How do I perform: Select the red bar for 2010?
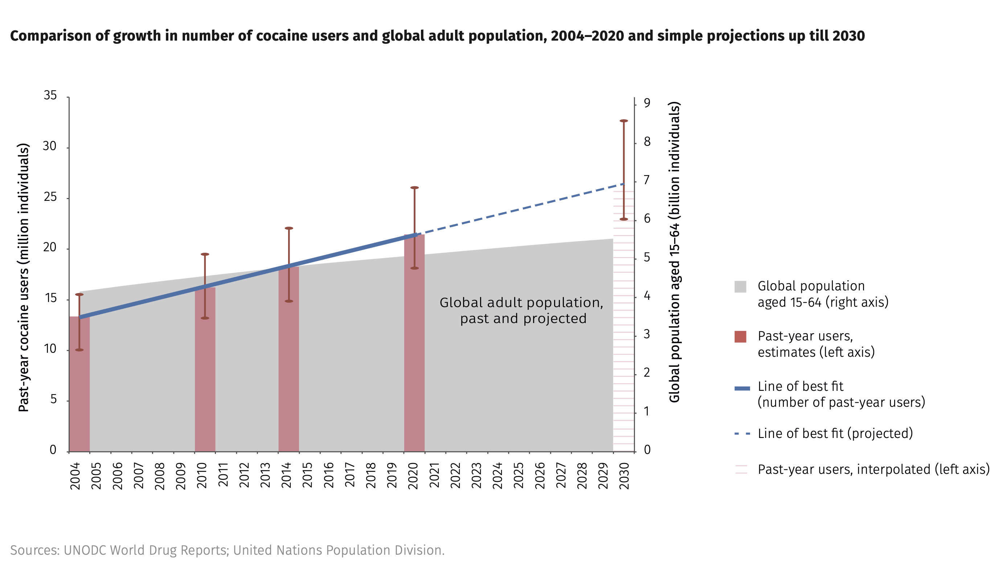coord(205,371)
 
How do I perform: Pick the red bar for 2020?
coord(414,343)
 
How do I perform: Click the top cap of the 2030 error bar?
coord(624,121)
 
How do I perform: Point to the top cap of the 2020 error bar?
coord(414,188)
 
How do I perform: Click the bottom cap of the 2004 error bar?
coord(79,350)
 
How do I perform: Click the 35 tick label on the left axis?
coord(50,95)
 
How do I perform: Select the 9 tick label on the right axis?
coord(647,103)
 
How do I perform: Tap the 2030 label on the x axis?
coord(624,476)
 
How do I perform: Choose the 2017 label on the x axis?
coord(350,476)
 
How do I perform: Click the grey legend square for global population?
coord(740,287)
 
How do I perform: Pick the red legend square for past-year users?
coord(740,337)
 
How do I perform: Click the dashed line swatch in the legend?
coord(742,434)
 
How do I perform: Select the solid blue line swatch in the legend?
coord(742,389)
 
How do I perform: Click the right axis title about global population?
coord(674,252)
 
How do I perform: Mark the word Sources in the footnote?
coord(34,550)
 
